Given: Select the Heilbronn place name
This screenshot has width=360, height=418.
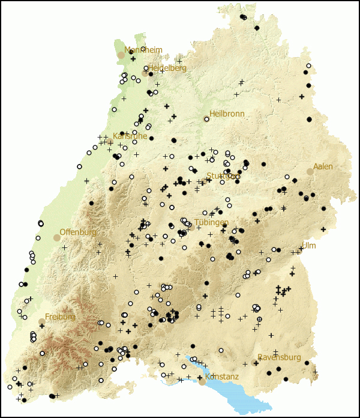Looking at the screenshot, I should point(227,114).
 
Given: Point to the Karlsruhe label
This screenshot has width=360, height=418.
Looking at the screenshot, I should point(130,136).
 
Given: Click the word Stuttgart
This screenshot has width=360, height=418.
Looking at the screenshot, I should point(223,176).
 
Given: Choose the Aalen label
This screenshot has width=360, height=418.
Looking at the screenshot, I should point(323,166).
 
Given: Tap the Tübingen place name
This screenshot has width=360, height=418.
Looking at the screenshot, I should point(212,222).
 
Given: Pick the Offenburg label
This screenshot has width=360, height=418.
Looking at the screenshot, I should point(78,232).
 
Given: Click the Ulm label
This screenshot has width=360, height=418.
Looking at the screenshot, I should point(308,246).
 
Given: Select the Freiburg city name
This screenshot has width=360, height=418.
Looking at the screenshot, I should point(60,317).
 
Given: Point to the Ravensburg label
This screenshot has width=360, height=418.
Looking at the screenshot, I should point(279,357).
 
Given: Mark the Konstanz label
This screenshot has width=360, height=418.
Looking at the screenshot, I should point(222,377).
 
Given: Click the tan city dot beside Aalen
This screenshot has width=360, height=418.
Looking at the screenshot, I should point(310,172).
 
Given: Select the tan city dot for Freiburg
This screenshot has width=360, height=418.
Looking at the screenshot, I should point(41,322).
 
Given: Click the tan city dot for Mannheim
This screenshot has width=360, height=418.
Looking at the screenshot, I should point(121,55).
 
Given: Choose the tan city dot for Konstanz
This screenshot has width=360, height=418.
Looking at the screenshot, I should point(202,382).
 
